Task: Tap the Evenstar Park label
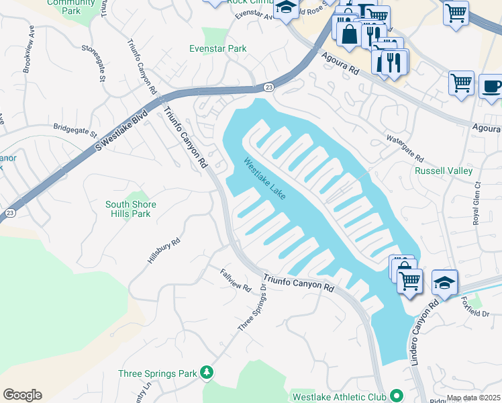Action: tap(218, 48)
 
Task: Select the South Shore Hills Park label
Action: tap(131, 209)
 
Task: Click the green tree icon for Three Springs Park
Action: tap(208, 372)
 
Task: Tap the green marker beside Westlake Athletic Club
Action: tap(396, 396)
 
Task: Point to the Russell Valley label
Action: tap(444, 171)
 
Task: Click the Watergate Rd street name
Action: tap(405, 148)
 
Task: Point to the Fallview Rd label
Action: tap(236, 279)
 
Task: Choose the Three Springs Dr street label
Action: tap(252, 307)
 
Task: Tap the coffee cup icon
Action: tap(491, 87)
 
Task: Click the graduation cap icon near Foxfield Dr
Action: tap(445, 282)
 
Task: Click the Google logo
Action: tap(22, 395)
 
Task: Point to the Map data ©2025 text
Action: tap(474, 398)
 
